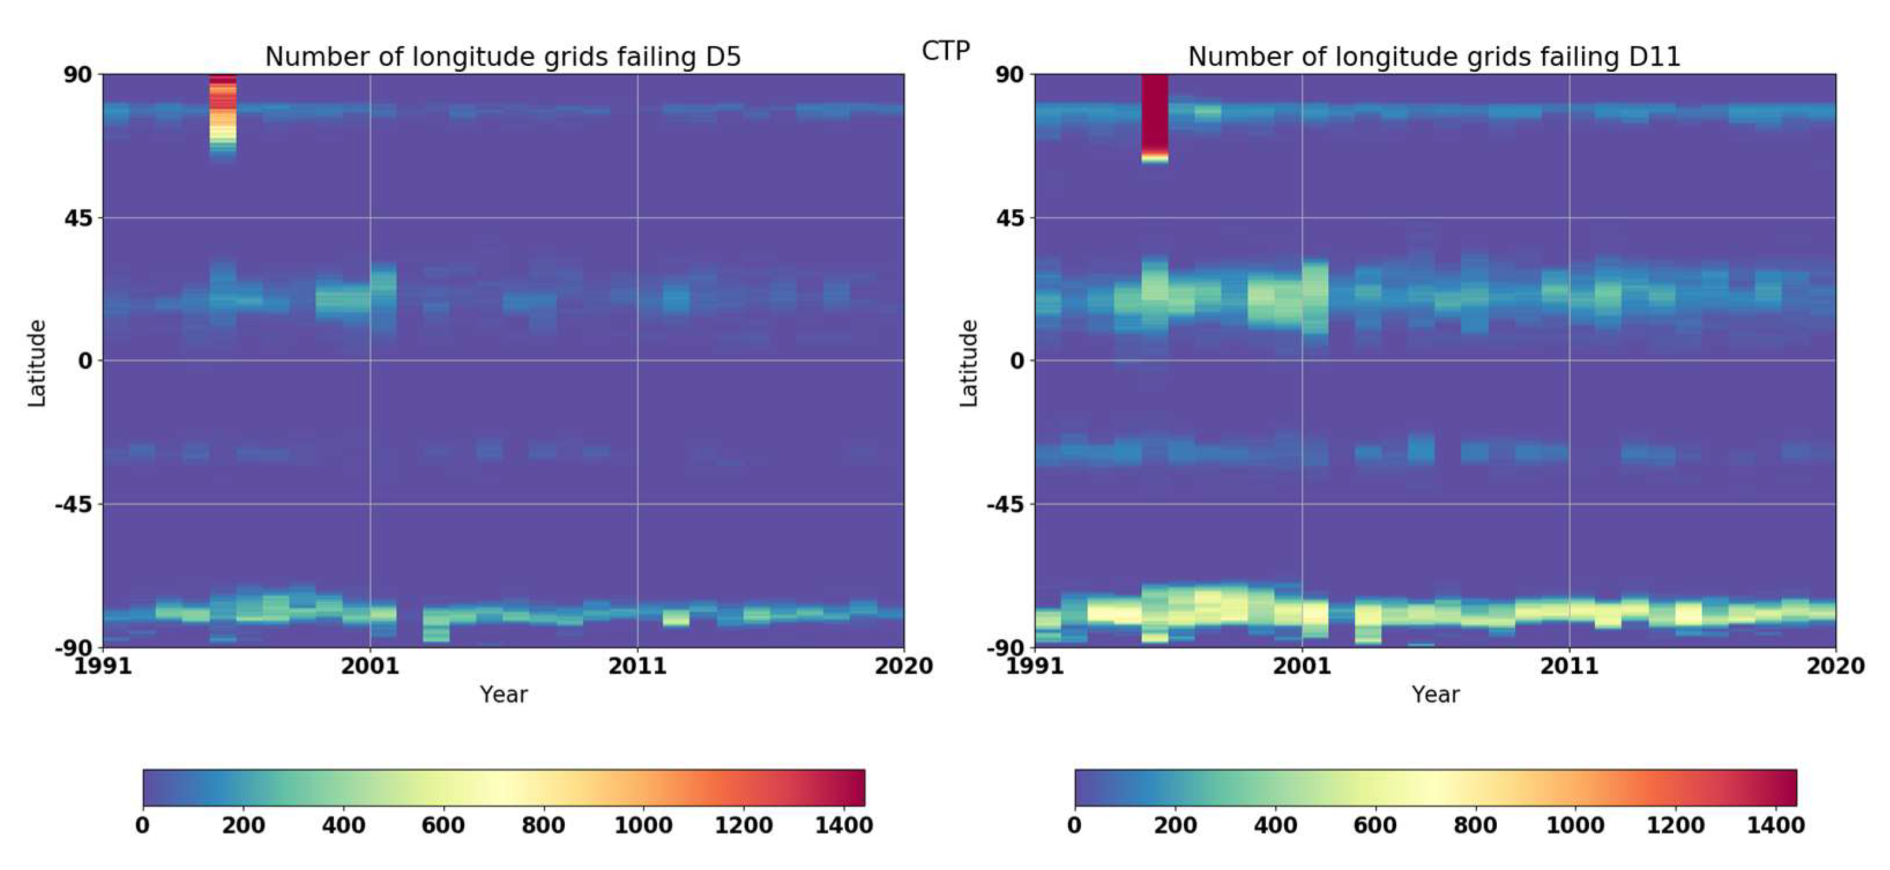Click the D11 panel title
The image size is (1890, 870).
click(x=1434, y=57)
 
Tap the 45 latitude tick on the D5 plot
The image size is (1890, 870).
click(x=78, y=218)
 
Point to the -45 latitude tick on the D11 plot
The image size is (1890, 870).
click(x=1004, y=504)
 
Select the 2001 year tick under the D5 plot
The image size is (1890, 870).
click(x=370, y=666)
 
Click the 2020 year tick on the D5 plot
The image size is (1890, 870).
click(x=903, y=666)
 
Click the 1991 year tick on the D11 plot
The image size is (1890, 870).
click(x=1035, y=666)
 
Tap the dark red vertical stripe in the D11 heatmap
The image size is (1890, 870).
click(x=1154, y=110)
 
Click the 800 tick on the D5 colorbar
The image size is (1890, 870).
click(x=543, y=824)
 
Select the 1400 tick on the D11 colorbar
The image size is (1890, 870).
click(x=1775, y=824)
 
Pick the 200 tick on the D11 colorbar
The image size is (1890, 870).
click(x=1175, y=824)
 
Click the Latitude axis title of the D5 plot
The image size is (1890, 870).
click(x=37, y=363)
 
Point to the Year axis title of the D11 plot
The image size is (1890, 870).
click(x=1435, y=694)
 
